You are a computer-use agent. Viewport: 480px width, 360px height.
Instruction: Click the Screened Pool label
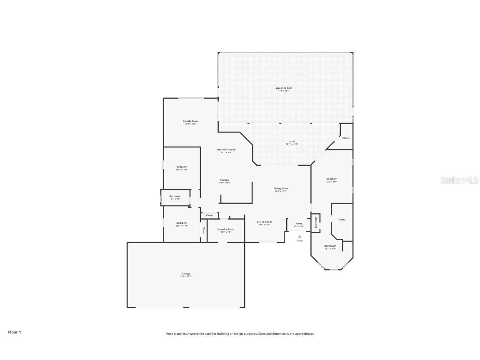(x=283, y=88)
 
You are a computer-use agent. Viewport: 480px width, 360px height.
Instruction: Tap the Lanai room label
(x=292, y=141)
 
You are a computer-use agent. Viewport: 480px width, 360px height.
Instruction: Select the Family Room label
(x=190, y=121)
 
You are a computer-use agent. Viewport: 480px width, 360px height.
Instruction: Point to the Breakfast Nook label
(x=226, y=150)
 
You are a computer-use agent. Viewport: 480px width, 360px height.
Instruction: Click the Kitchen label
(x=224, y=180)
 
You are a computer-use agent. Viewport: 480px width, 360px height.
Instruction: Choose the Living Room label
(x=281, y=188)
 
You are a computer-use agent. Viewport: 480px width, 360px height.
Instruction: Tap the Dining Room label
(x=264, y=222)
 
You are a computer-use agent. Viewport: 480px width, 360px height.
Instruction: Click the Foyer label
(x=299, y=224)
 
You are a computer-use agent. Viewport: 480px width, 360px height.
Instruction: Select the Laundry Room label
(x=226, y=229)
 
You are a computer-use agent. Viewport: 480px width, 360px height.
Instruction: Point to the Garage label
(x=185, y=274)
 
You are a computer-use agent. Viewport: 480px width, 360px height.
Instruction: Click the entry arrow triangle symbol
(x=299, y=236)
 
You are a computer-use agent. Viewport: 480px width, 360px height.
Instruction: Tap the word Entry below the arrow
(x=300, y=240)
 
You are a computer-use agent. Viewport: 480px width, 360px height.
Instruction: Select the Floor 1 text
(x=14, y=332)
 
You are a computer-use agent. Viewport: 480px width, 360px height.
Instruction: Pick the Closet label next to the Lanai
(x=346, y=138)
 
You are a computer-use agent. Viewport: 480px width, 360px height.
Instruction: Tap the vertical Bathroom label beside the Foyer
(x=316, y=222)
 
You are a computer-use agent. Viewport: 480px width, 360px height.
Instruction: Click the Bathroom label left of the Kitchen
(x=175, y=196)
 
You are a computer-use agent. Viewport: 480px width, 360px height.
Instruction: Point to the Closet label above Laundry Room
(x=210, y=215)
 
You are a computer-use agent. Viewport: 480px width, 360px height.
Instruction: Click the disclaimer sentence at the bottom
(x=240, y=334)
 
